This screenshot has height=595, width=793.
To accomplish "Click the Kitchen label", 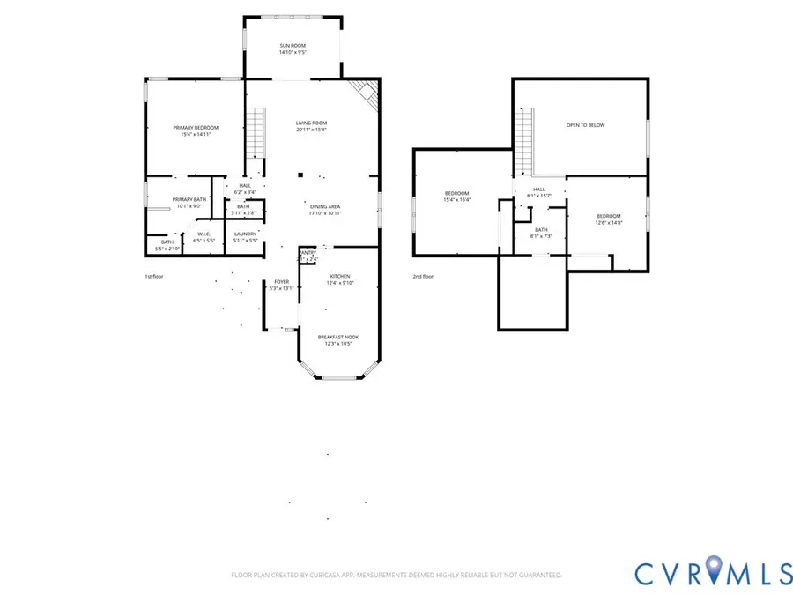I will (x=340, y=279).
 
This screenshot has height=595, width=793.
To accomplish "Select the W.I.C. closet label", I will (x=204, y=236).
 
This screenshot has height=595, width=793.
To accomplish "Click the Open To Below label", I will (x=585, y=125).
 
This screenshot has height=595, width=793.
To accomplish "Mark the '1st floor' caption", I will (x=155, y=276).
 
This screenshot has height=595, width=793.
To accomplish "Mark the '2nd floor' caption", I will (x=423, y=276).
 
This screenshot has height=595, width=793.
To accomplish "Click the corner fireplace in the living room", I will (x=365, y=93).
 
